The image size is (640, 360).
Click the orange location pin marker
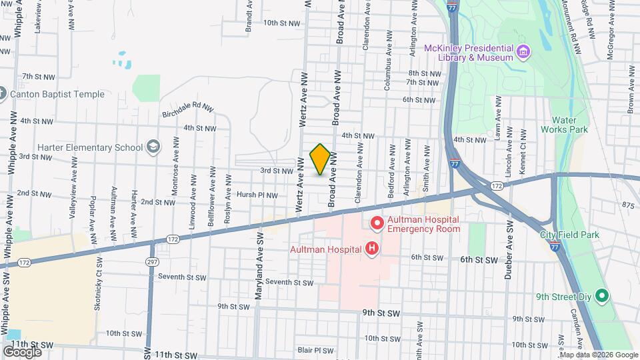tap(321, 159)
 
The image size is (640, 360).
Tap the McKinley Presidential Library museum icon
tap(523, 52)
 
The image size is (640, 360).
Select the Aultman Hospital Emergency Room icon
tap(377, 223)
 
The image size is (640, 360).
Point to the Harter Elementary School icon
tap(153, 147)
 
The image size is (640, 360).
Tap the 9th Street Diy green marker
tap(602, 295)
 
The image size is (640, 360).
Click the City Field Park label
tap(570, 235)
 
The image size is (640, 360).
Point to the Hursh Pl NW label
tap(257, 195)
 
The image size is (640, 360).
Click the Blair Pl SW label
tap(315, 350)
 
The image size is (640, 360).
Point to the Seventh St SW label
tap(289, 282)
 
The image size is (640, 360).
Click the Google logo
tap(22, 351)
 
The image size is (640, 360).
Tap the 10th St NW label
tap(283, 23)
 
